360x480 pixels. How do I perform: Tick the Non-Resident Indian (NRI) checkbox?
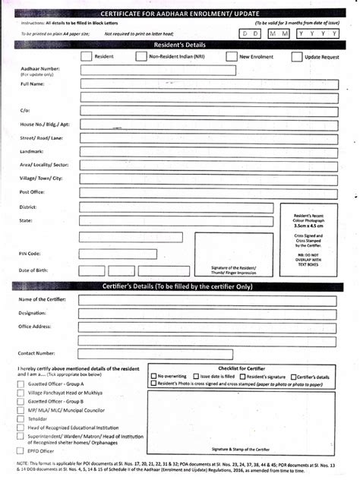pos(141,56)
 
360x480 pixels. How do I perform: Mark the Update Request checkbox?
pos(296,56)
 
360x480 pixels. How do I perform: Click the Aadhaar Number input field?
pos(205,71)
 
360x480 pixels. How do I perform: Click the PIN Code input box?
pos(134,253)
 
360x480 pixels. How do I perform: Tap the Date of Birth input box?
pos(134,270)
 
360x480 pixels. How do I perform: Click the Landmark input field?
pos(205,151)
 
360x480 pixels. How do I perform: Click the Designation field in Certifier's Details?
pos(205,313)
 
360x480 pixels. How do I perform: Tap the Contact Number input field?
pos(205,353)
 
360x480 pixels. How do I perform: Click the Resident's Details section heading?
pos(179,45)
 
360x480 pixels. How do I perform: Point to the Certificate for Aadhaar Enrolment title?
pos(179,14)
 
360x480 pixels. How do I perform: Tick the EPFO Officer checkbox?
pos(21,451)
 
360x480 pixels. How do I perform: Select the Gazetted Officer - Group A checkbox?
pos(21,384)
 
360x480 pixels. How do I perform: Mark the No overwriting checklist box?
pos(153,376)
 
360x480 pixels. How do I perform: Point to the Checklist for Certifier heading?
pos(240,368)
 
